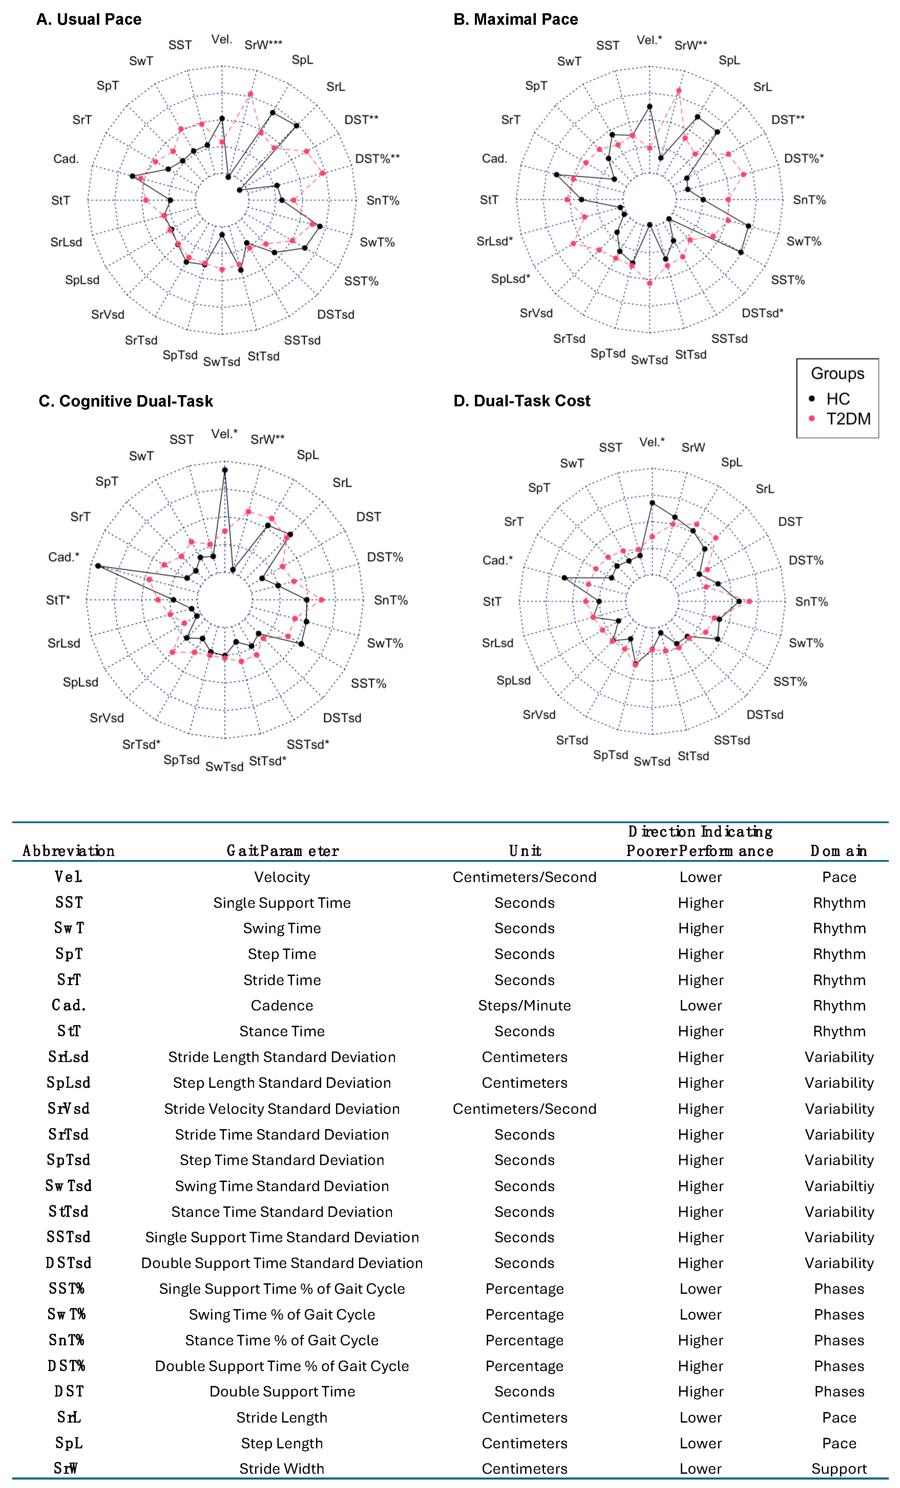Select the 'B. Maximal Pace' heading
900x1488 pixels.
tap(516, 19)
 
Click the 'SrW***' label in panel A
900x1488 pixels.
tap(263, 45)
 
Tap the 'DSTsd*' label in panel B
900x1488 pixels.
tap(762, 313)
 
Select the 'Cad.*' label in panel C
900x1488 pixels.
tap(64, 557)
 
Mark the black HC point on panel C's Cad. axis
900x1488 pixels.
tap(98, 566)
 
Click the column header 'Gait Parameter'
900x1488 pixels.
tap(282, 851)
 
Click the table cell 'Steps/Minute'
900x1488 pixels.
tap(524, 1005)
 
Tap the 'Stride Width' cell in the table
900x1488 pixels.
tap(282, 1469)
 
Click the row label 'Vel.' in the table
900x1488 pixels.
tap(68, 877)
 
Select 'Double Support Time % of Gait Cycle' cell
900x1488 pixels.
tap(282, 1366)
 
